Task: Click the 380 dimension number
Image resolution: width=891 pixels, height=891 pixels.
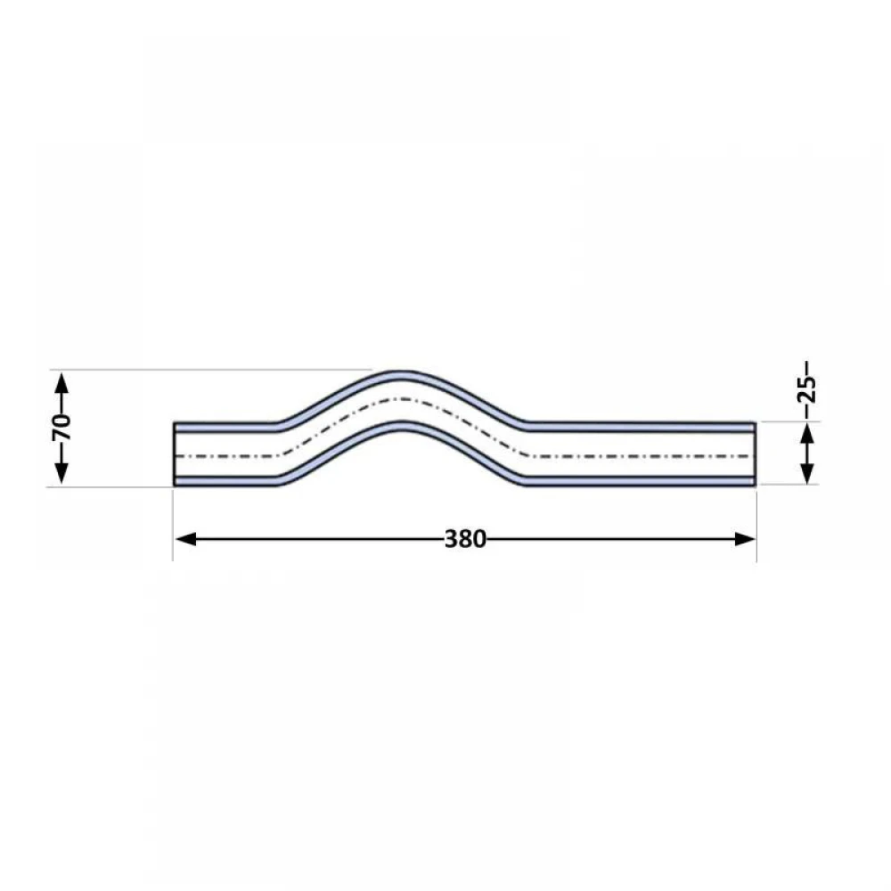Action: [465, 539]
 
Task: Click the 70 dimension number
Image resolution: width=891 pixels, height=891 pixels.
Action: [61, 428]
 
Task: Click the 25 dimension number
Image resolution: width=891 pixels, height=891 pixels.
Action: [806, 388]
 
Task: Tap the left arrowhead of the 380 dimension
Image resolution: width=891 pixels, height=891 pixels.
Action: [186, 539]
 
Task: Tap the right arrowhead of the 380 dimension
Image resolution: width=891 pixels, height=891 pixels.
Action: [745, 539]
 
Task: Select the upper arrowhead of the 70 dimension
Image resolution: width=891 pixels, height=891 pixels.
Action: [61, 382]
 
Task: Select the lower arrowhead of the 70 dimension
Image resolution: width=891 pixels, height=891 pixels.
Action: [61, 474]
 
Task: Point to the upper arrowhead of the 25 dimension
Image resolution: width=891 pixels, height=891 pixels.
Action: [807, 435]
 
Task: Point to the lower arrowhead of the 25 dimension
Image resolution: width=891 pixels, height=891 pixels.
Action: [807, 473]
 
